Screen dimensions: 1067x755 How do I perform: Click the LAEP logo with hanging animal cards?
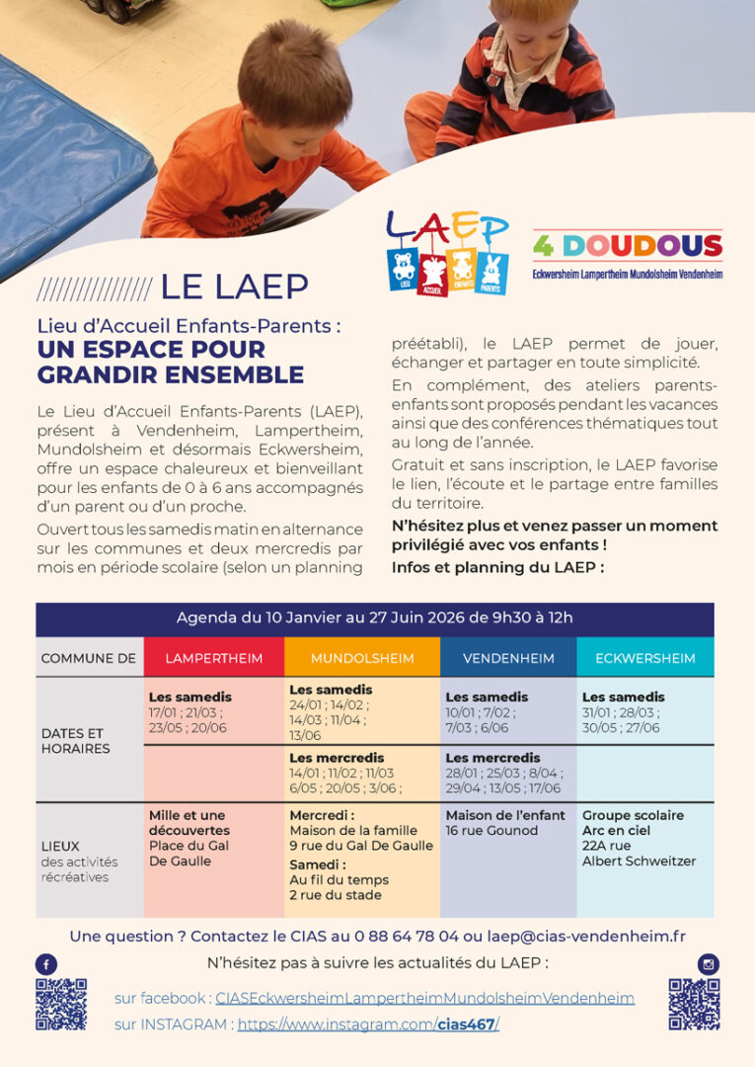447,253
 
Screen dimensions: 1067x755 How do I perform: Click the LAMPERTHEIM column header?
214,658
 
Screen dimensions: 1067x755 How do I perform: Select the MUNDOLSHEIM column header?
362,658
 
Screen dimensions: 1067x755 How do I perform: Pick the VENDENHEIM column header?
508,658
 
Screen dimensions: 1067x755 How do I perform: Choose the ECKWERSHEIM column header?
645,658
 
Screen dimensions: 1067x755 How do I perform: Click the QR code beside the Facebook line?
61,1004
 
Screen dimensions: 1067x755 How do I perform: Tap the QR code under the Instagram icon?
694,1004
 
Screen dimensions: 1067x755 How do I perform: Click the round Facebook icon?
46,964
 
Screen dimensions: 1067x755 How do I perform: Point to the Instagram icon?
708,964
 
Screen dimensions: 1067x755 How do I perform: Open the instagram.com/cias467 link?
368,1025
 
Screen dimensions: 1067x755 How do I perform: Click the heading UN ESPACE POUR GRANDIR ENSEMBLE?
170,362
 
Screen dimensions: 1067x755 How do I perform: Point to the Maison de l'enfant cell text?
505,822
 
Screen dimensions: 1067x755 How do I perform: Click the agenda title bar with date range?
375,618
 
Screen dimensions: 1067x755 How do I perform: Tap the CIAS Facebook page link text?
424,998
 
